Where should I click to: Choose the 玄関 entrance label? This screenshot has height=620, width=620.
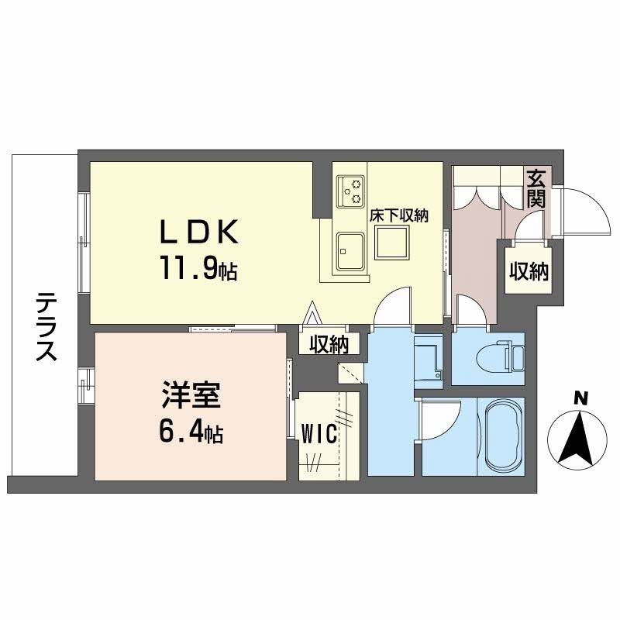[536, 188]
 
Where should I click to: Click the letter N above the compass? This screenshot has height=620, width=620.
[579, 398]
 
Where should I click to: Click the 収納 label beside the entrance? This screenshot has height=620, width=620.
[529, 270]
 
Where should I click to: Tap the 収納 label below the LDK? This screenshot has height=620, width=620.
[329, 343]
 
